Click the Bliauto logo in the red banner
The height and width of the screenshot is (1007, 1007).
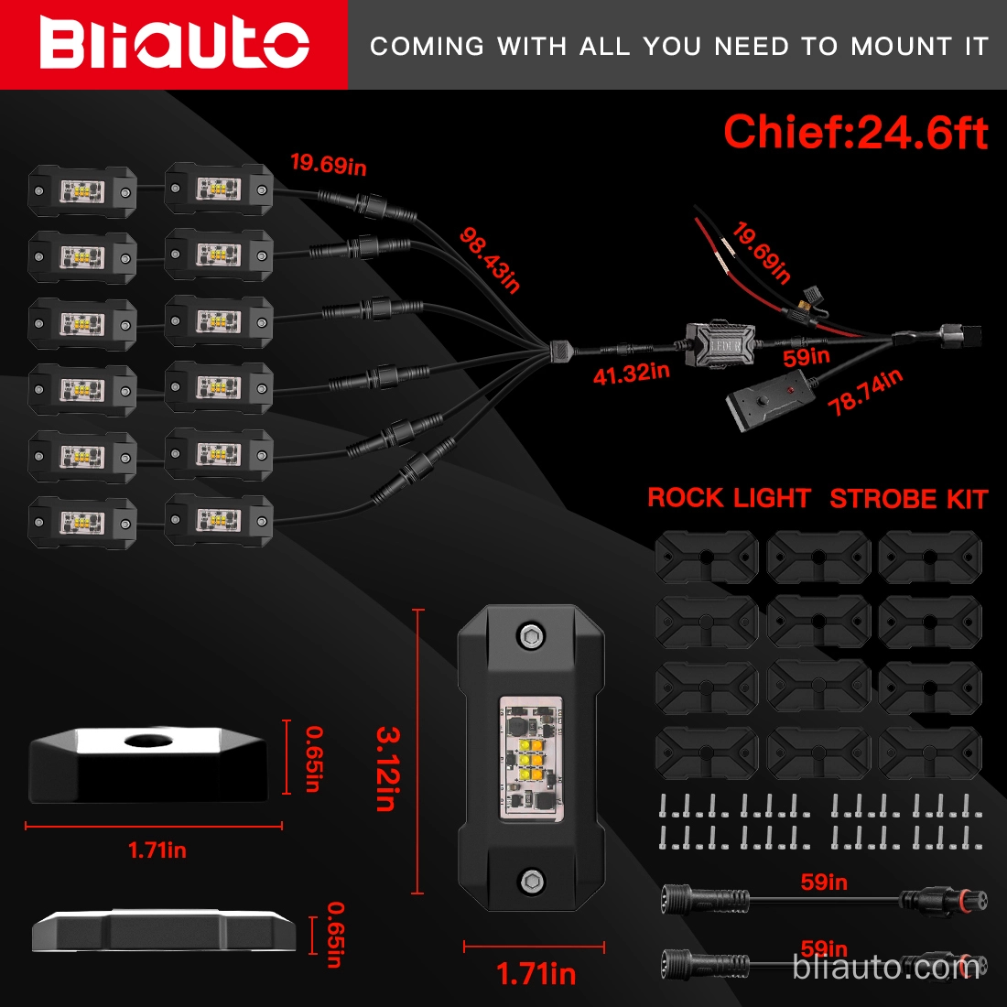coord(174,44)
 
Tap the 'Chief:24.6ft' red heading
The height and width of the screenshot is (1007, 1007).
coord(855,133)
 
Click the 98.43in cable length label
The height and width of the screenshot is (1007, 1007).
coord(490,261)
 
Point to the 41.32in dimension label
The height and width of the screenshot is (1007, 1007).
coord(631,374)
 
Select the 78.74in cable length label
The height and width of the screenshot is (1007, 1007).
coord(865,393)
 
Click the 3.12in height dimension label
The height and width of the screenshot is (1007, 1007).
coord(387,768)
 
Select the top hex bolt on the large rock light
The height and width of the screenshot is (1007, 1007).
coord(530,635)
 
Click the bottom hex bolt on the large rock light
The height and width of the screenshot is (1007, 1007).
coord(530,881)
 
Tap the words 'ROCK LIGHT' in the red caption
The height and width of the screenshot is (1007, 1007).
coord(729,499)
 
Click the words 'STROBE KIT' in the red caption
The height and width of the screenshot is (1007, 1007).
coord(908,500)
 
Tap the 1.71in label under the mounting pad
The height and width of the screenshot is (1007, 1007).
coord(157,850)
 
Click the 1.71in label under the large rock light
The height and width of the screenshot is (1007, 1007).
coord(536,974)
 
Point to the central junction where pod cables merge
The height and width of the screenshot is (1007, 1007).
coord(559,350)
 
